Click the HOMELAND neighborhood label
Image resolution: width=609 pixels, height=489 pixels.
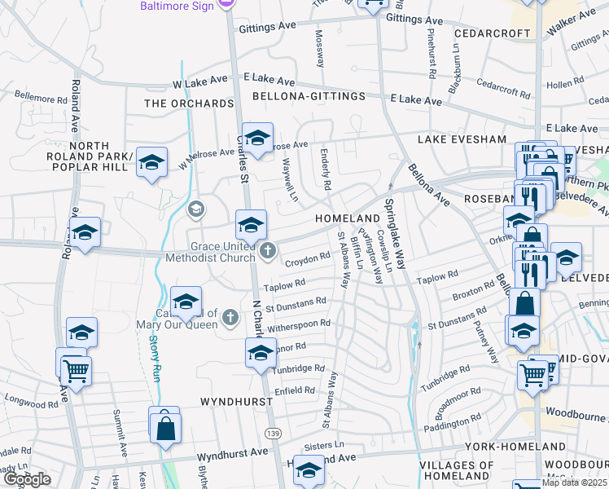(348, 219)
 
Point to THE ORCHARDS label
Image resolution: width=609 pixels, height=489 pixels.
(189, 104)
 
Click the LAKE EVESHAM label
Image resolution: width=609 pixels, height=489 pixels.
(462, 140)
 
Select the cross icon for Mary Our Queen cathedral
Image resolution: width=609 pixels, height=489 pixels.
(230, 317)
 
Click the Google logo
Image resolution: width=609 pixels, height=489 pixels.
(27, 478)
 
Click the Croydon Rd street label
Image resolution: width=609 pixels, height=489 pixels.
(307, 259)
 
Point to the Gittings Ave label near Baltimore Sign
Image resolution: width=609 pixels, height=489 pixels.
(266, 27)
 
